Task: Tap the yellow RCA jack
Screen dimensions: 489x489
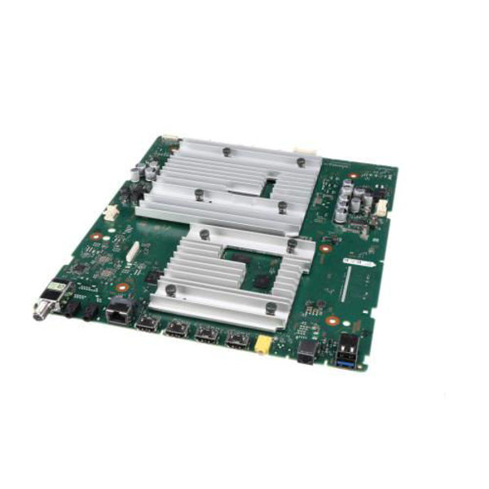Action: point(262,346)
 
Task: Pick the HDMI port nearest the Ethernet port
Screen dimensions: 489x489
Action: point(148,324)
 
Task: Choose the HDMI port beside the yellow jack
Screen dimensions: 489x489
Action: point(237,341)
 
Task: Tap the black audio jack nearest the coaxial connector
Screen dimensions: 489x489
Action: point(68,309)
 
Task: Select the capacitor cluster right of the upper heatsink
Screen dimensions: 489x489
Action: point(352,200)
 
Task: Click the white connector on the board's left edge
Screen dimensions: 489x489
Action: point(109,214)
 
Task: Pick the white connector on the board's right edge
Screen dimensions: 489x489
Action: point(381,208)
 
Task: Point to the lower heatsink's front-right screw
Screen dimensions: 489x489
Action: point(271,306)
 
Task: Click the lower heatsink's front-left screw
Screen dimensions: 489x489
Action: point(170,289)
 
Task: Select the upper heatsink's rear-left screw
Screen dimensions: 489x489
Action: point(225,152)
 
